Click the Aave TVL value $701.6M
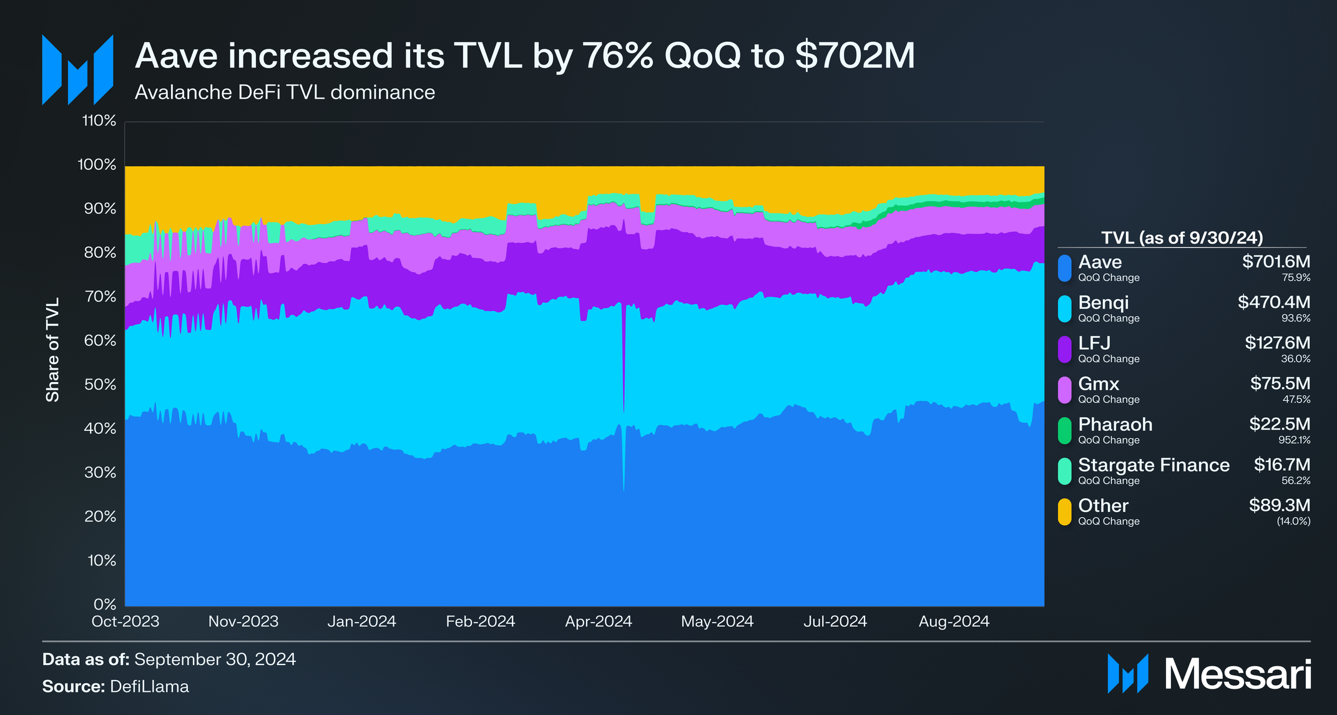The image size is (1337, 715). [1275, 262]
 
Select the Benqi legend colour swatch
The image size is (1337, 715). [1064, 308]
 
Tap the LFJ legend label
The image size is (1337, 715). [1094, 343]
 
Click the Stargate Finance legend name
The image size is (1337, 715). [1153, 465]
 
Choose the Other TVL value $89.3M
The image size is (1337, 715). [1279, 505]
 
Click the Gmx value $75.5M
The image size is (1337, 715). [1280, 383]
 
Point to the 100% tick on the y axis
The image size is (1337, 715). [97, 165]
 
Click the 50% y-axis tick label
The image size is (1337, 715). [100, 385]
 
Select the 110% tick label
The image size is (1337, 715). [99, 121]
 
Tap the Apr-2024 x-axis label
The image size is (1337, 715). [598, 622]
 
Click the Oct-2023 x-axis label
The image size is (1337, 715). [125, 622]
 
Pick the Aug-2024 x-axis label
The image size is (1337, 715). [953, 622]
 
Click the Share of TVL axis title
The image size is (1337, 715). [52, 350]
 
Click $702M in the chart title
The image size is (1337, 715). [855, 56]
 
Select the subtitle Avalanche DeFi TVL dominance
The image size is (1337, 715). [285, 92]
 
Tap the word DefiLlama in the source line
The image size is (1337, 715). [149, 687]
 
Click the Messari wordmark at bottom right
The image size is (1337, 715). [1237, 674]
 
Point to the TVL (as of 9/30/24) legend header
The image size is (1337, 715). [1182, 238]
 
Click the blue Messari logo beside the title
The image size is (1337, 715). [77, 70]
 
